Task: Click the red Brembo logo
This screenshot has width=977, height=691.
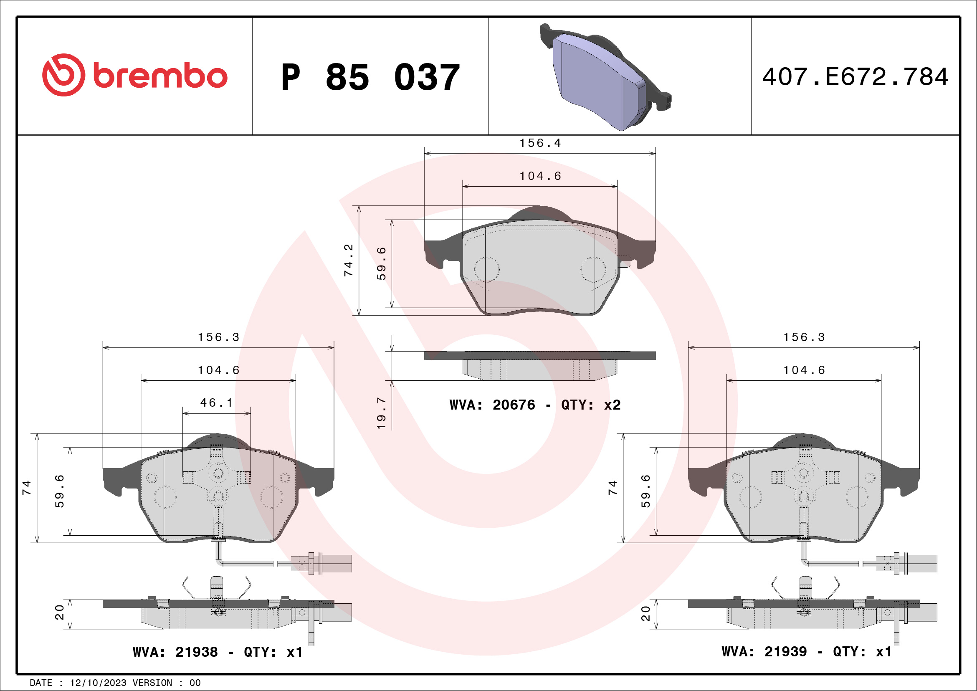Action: click(x=134, y=75)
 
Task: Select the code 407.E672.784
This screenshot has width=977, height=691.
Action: click(x=856, y=77)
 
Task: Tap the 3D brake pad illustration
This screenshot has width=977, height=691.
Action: click(x=604, y=76)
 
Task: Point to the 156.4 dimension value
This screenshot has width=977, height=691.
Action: click(x=540, y=143)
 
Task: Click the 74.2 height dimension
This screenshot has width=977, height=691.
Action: click(x=349, y=260)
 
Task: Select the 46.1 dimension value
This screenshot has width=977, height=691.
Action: click(x=217, y=402)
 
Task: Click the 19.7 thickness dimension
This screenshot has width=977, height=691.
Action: click(x=381, y=413)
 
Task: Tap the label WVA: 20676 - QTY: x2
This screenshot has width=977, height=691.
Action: click(x=535, y=405)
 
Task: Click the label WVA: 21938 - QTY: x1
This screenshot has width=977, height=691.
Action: click(x=218, y=652)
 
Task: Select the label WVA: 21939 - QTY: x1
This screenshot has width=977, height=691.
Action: click(x=806, y=651)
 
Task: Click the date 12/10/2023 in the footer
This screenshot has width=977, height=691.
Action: click(x=98, y=683)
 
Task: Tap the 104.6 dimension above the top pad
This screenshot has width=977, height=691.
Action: click(x=540, y=176)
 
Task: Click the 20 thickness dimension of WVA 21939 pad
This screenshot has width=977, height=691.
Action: click(x=645, y=614)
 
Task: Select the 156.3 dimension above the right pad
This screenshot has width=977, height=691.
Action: click(x=804, y=337)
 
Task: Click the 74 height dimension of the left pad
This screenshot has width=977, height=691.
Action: click(x=26, y=488)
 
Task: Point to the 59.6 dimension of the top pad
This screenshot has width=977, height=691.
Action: click(x=381, y=263)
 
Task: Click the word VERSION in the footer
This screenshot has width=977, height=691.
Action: click(x=152, y=683)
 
